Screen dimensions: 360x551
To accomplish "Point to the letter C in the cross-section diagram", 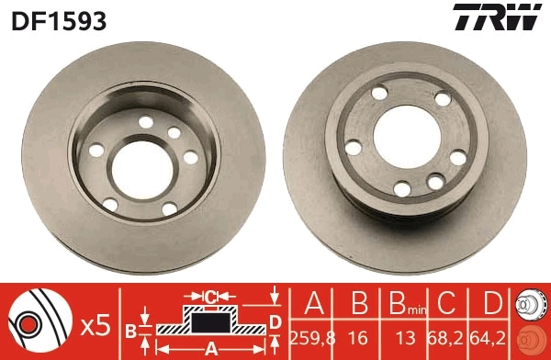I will click(x=210, y=297).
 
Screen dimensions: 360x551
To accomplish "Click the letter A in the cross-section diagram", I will click(x=209, y=347).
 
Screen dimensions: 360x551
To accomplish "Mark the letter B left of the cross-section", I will click(x=131, y=328).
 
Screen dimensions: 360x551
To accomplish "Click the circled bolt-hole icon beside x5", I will click(x=35, y=324).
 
